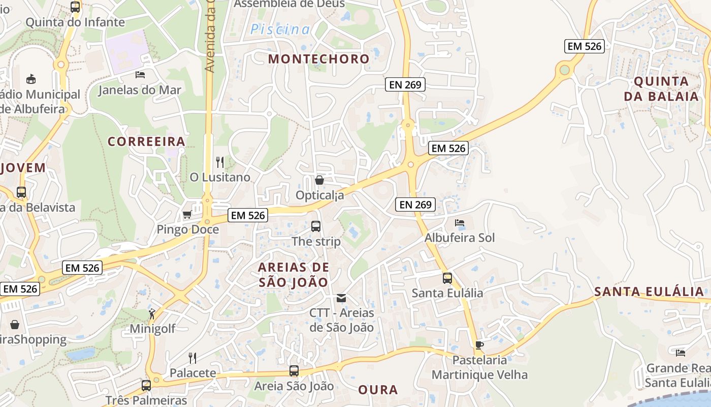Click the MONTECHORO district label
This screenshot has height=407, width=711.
[318, 59]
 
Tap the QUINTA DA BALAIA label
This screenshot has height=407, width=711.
[661, 89]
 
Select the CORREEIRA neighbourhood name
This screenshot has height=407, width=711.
[146, 141]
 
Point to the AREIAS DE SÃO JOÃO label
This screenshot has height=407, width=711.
[294, 274]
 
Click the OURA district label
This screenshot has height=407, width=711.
[378, 390]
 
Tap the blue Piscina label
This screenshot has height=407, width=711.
[280, 30]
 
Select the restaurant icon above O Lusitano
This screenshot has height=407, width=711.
[220, 162]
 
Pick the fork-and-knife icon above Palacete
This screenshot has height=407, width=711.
[192, 358]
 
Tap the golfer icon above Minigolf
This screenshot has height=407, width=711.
[152, 314]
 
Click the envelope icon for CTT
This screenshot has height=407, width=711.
[341, 298]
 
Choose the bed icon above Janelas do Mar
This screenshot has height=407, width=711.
[140, 75]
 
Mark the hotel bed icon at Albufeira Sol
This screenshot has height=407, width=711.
[460, 223]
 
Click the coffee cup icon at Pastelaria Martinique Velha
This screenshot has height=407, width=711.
[479, 345]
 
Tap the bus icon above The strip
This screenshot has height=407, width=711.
[316, 226]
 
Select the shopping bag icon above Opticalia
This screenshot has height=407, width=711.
[319, 180]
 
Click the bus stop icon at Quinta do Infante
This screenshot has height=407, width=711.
[75, 7]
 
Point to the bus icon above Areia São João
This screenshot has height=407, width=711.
[294, 371]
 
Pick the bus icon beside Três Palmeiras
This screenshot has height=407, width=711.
[146, 385]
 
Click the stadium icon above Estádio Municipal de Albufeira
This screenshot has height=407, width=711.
[31, 79]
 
